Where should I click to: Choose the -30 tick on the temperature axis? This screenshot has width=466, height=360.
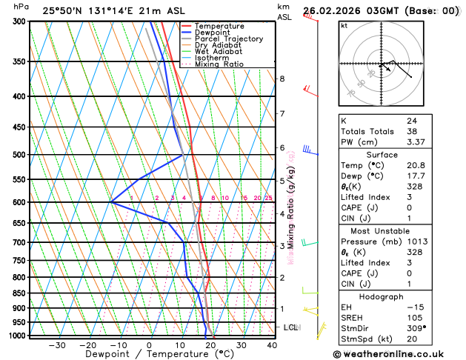click(x=56, y=345)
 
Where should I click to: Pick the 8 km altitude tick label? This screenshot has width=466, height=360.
click(x=282, y=79)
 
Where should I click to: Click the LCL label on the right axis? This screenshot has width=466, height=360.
click(x=290, y=327)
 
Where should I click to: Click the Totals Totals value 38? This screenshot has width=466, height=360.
click(x=411, y=131)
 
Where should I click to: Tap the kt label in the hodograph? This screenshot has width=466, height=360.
click(x=344, y=26)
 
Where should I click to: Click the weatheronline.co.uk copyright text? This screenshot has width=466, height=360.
click(x=399, y=353)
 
